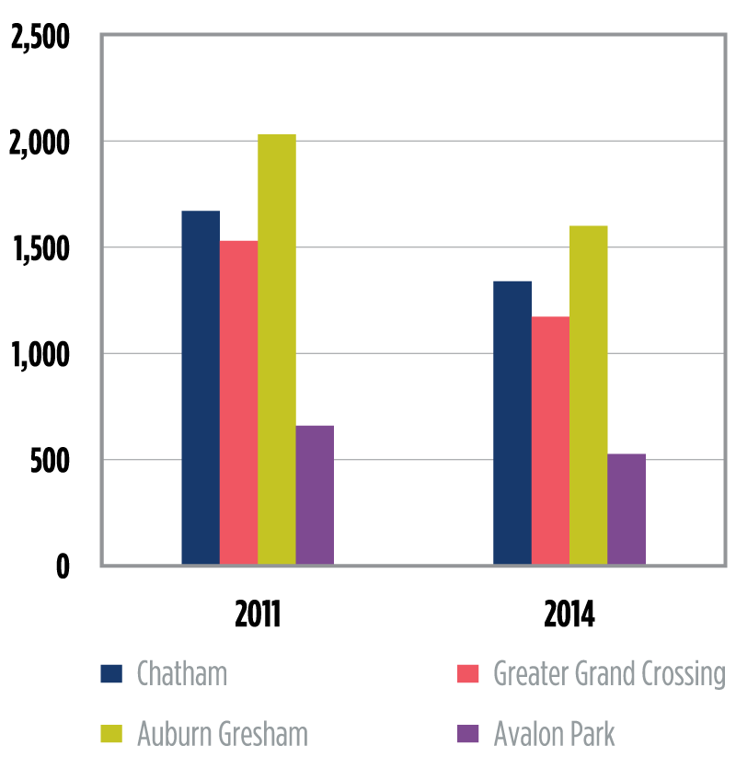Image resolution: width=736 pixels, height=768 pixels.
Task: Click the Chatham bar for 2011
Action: (201, 387)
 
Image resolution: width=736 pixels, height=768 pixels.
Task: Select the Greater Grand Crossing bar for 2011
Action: (238, 402)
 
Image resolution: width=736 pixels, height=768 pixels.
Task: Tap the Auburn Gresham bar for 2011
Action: (277, 350)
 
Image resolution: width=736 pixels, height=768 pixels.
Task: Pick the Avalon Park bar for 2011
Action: (315, 495)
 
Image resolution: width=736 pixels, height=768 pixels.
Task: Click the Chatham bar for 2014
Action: (512, 422)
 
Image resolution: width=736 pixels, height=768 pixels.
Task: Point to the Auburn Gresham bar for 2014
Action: (589, 395)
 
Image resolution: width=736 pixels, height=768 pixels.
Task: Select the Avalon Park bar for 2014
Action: (627, 509)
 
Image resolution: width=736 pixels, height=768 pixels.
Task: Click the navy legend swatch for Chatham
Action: (111, 674)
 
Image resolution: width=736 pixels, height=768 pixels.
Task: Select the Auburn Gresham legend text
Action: (223, 734)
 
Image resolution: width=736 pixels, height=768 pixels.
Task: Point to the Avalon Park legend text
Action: (554, 734)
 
